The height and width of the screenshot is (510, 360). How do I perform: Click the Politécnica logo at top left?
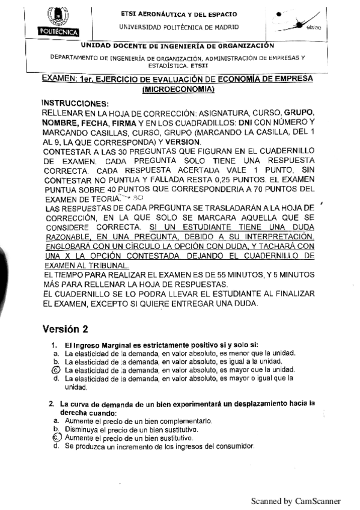[55, 21]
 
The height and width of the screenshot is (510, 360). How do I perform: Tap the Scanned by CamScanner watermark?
[296, 501]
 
